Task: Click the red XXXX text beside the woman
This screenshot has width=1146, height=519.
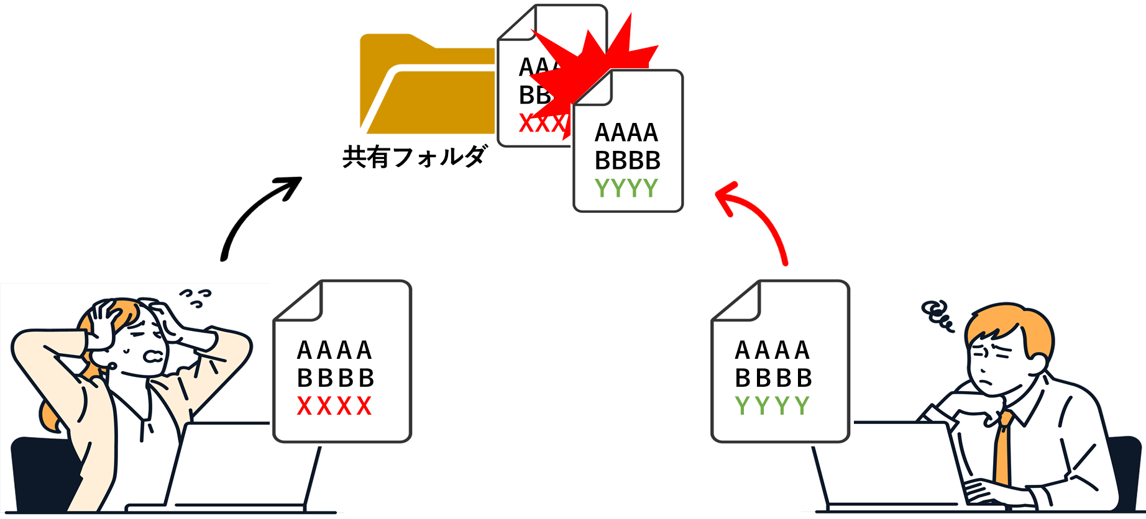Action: pos(334,407)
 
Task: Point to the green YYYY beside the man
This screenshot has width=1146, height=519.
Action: pos(772,406)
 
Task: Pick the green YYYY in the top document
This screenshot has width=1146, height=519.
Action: pos(626,188)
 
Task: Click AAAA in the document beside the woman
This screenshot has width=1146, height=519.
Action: pos(334,351)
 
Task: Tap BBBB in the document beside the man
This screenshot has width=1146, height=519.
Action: pos(772,378)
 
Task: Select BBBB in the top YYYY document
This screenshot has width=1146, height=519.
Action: pos(627,161)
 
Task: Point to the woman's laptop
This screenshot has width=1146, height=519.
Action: pos(242,466)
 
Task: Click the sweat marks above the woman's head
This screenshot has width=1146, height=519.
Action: pos(195,297)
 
